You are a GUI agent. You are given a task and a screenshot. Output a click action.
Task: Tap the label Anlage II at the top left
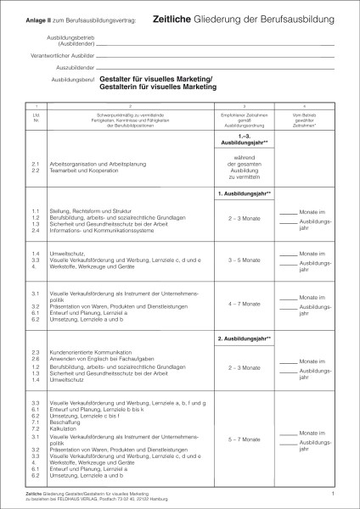coord(39,18)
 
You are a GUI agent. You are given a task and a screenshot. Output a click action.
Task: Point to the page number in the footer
coord(334,492)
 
